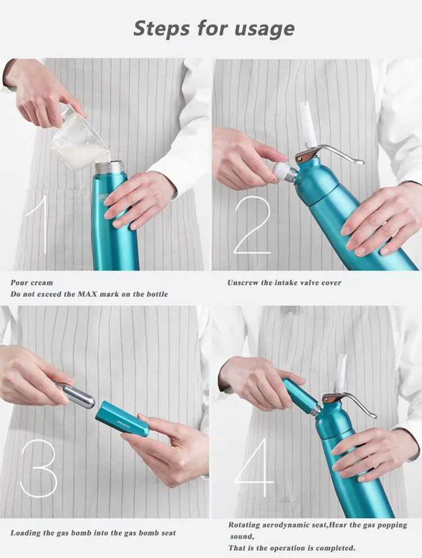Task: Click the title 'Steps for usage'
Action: coord(214,29)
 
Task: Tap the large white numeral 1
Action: coord(39,224)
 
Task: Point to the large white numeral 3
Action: coord(38,468)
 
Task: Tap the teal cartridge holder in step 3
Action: coord(122,419)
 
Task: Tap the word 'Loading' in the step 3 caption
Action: coord(25,533)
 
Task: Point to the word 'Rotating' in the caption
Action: coord(244,525)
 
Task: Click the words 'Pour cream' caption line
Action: coord(32,283)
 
